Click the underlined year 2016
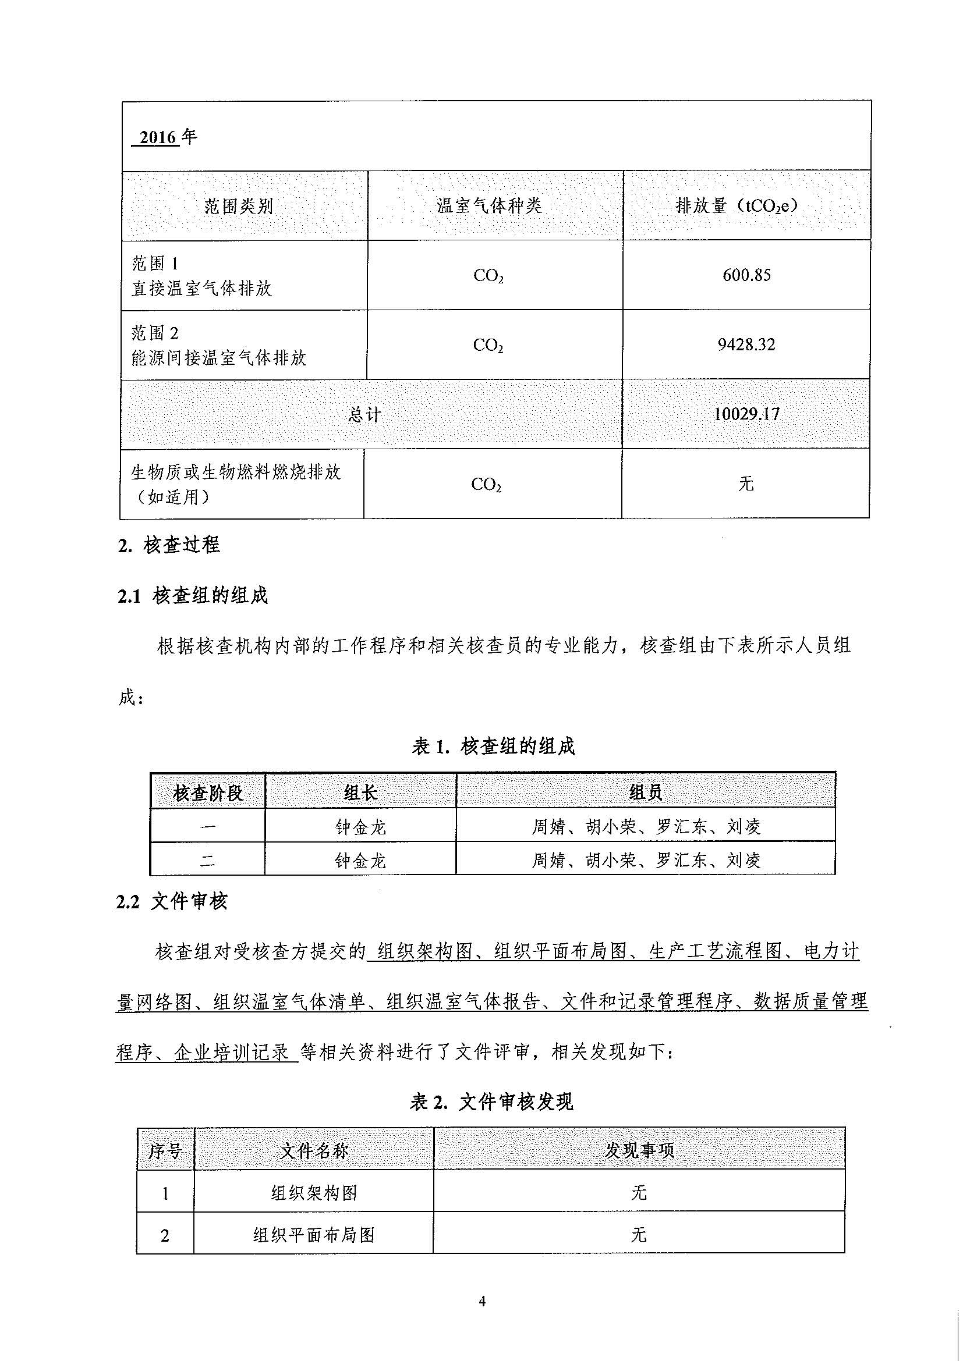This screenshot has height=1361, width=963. pos(158,137)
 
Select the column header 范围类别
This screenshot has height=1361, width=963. pos(238,207)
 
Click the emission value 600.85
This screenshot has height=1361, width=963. pos(746,275)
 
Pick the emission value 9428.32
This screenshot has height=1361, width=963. pos(746,344)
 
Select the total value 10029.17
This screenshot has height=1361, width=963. pos(746,414)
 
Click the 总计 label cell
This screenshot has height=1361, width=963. pos(364,414)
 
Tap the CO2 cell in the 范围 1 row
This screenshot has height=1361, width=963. pos(488,276)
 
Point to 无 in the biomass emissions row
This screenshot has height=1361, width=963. pos(746,484)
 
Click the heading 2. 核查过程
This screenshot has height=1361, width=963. pos(169,545)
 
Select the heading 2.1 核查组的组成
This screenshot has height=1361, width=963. pos(193,596)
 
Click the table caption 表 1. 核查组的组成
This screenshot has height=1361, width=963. pos(493,747)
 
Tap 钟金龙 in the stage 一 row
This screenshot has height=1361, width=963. pos(360,826)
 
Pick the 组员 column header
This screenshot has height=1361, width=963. pos(646,793)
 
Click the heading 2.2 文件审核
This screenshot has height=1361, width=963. pos(172,902)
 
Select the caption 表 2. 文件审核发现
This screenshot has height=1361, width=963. pos(491,1103)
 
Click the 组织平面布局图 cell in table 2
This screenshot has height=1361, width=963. pos(314,1235)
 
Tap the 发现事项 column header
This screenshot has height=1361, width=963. pos(639,1151)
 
